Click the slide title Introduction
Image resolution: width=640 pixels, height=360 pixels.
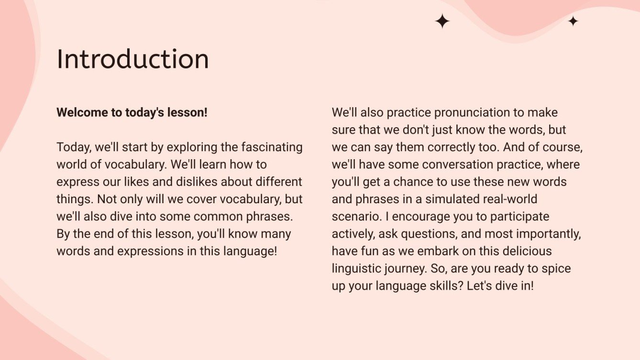[133, 59]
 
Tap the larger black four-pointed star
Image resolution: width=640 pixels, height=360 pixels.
[442, 21]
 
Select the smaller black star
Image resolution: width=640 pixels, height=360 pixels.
[573, 21]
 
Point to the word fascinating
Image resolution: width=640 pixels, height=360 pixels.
[272, 147]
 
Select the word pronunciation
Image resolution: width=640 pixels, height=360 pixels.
[472, 113]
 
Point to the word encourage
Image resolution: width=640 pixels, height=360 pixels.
[421, 217]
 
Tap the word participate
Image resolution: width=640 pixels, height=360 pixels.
[519, 217]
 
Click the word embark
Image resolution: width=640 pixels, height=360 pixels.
[438, 251]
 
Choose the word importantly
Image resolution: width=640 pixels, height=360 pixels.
[549, 234]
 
